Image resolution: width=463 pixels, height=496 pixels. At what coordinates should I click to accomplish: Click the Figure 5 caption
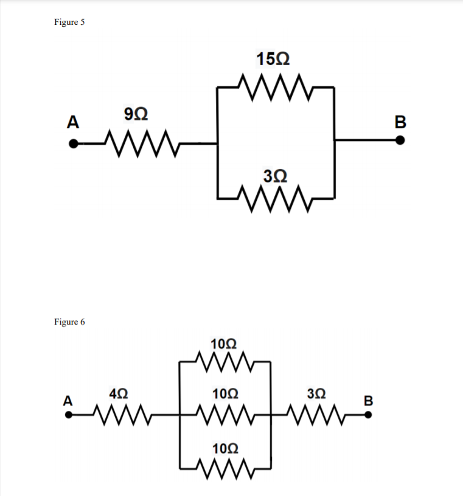pyautogui.click(x=69, y=22)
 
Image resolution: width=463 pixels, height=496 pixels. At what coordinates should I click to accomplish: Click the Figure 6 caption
pyautogui.click(x=69, y=322)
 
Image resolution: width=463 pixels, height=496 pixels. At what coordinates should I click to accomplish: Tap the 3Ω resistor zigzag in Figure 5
pyautogui.click(x=275, y=197)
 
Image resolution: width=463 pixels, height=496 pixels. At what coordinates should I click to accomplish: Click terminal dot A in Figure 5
pyautogui.click(x=73, y=144)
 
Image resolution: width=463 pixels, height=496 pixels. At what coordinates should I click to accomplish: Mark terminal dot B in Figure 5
pyautogui.click(x=400, y=140)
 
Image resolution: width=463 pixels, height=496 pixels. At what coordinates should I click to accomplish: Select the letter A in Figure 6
pyautogui.click(x=68, y=401)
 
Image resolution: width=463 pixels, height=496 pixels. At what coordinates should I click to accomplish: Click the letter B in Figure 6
pyautogui.click(x=367, y=401)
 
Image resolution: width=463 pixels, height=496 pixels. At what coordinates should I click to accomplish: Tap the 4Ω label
pyautogui.click(x=118, y=393)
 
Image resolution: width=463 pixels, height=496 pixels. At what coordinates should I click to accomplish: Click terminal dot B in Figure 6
pyautogui.click(x=367, y=416)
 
